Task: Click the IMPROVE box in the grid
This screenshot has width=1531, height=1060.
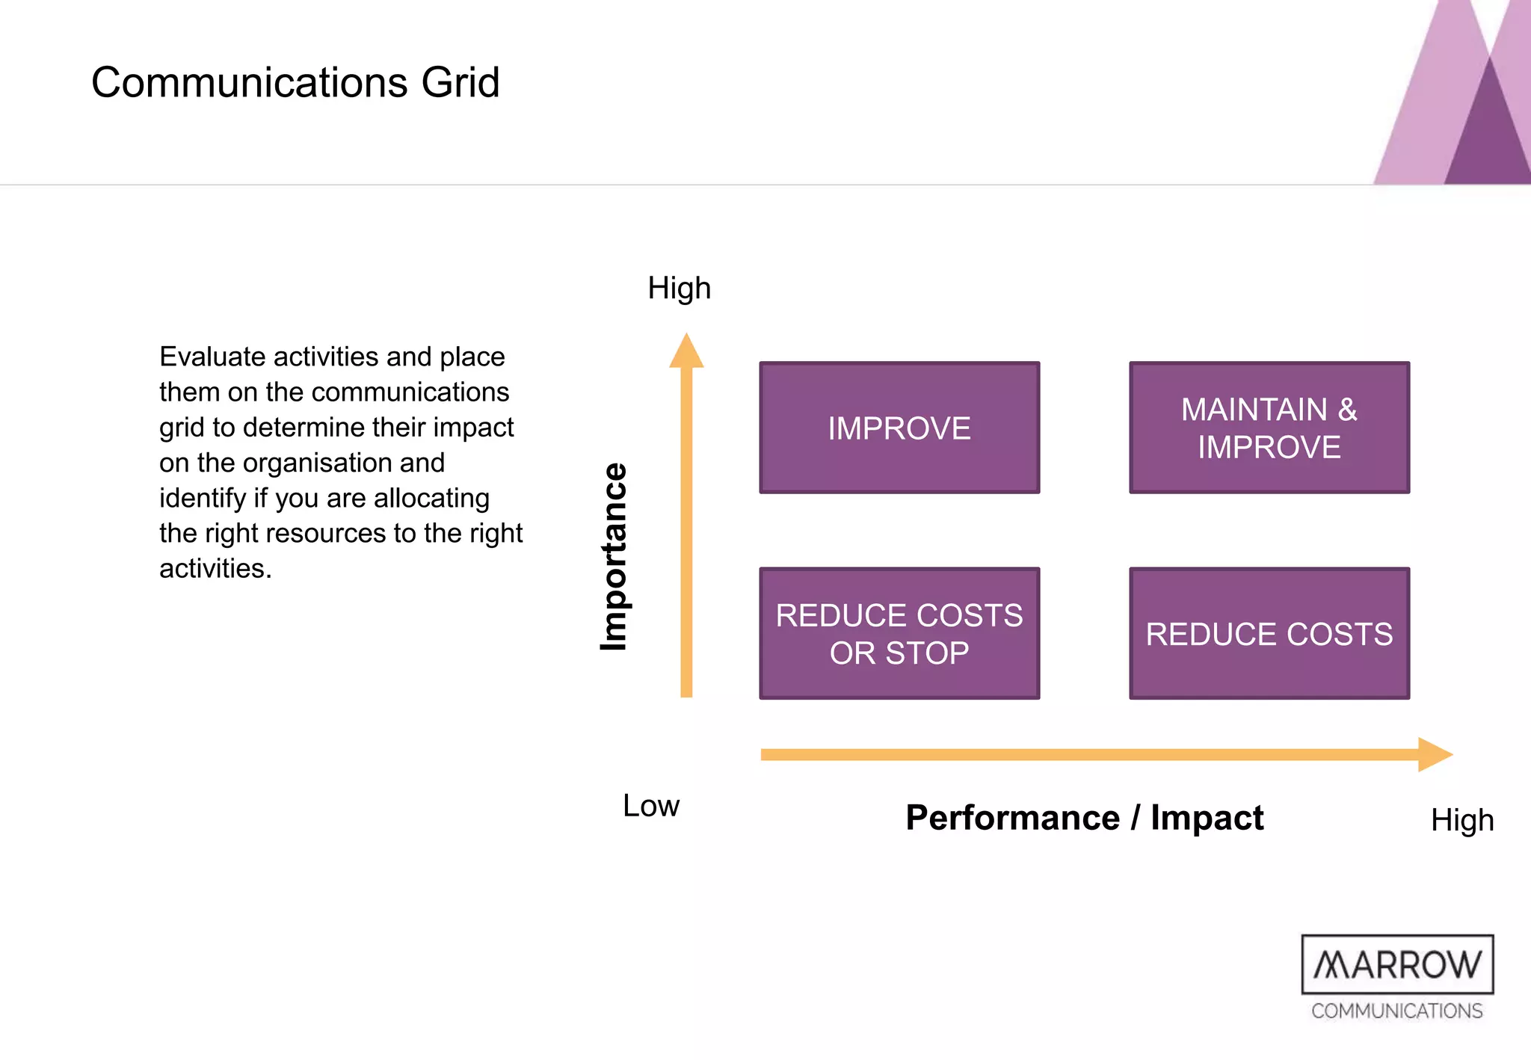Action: [x=899, y=428]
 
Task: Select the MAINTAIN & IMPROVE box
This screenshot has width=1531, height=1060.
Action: [x=1269, y=428]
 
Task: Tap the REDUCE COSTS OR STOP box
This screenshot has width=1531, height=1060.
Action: [x=899, y=633]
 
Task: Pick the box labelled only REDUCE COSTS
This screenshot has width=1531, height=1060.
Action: [x=1269, y=633]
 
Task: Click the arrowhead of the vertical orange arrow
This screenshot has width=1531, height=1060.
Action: [x=686, y=351]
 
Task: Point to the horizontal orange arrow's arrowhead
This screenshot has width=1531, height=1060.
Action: [x=1435, y=754]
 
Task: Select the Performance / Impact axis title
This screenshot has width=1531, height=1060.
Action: [x=1084, y=817]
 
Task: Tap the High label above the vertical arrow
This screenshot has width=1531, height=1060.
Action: [x=679, y=288]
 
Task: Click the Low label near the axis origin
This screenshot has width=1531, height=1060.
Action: [x=651, y=806]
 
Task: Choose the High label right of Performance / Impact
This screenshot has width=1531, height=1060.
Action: [x=1462, y=820]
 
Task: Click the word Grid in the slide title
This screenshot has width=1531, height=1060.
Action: [x=460, y=81]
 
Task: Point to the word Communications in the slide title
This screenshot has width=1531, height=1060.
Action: [x=250, y=81]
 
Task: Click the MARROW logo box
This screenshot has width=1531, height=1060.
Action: [x=1397, y=964]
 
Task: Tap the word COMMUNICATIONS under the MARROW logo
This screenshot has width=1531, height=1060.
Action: [x=1396, y=1011]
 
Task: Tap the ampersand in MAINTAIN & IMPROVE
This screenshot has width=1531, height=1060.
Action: [x=1347, y=410]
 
